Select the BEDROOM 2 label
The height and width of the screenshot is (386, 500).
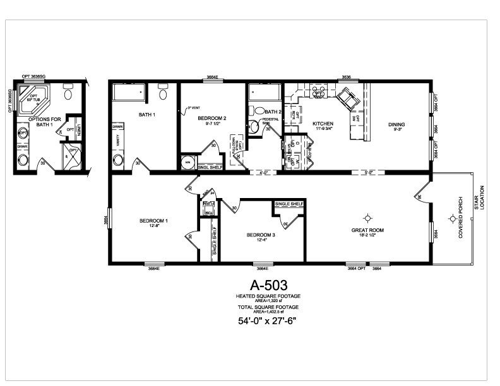point(211,118)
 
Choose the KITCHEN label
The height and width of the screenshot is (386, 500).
point(323,124)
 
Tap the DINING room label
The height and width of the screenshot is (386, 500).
point(396,124)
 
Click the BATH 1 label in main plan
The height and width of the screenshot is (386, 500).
point(147,115)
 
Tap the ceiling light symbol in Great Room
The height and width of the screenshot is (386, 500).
point(367,217)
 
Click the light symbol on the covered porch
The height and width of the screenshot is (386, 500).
point(452,219)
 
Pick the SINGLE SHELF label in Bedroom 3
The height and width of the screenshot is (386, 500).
point(289,204)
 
